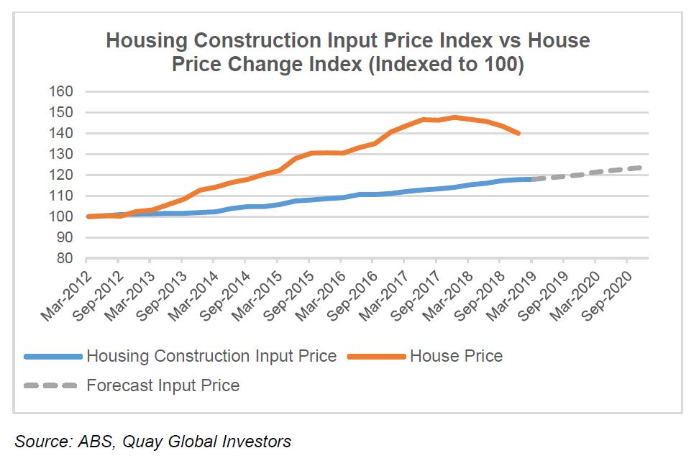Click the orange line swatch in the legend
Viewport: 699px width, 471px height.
375,356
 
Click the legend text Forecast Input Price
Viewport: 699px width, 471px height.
163,385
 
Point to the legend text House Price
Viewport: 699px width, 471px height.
456,356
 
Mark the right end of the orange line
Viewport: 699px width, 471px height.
518,133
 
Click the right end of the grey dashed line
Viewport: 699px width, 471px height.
640,168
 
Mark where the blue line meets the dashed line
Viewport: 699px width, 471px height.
532,179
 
